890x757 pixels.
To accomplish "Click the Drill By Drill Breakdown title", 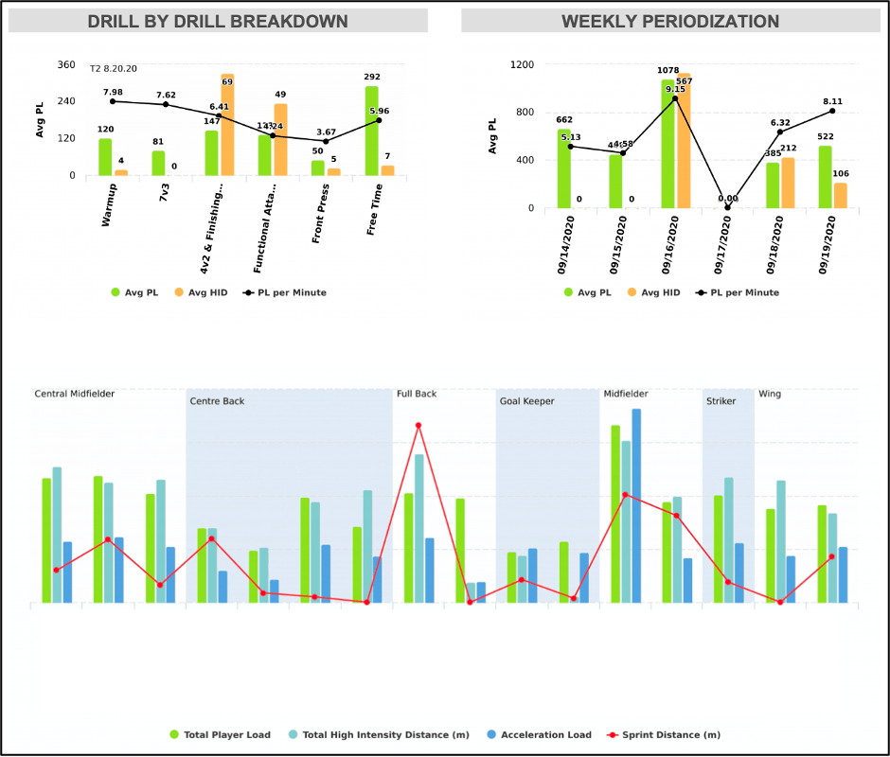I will click(x=218, y=22).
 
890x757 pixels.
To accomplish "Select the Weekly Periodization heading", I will click(x=670, y=22).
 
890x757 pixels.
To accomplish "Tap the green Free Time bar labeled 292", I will click(x=372, y=131).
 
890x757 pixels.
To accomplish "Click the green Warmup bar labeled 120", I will click(x=105, y=157).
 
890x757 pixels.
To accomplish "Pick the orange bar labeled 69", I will click(x=227, y=125).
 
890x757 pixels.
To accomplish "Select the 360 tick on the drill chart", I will click(x=66, y=65).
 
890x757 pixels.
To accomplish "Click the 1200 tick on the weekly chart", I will click(x=523, y=65).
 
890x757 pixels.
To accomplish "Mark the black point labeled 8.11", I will click(x=832, y=111).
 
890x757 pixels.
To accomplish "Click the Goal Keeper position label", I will click(x=526, y=401).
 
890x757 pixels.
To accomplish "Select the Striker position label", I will click(x=721, y=401).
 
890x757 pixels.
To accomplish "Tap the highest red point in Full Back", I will click(x=418, y=425).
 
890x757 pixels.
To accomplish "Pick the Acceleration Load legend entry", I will click(x=539, y=734).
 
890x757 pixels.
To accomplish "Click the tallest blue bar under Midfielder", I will click(x=636, y=506).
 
